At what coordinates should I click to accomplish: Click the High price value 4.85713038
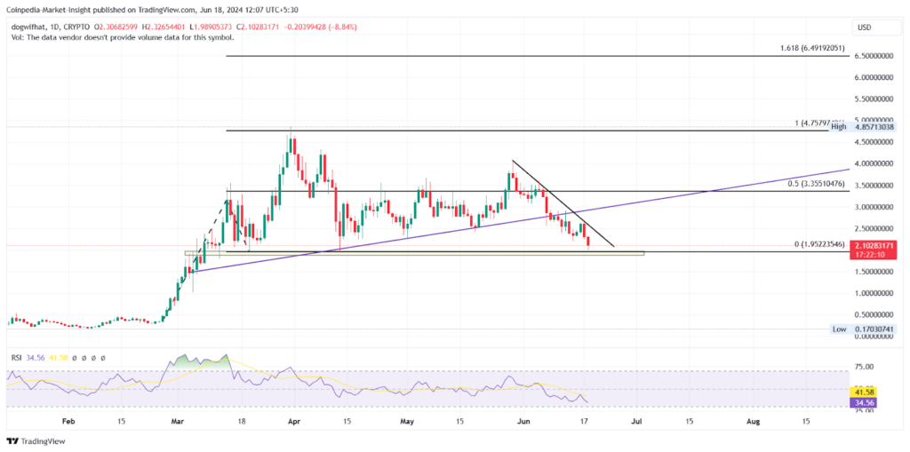pos(874,127)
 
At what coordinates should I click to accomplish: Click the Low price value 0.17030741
pos(874,329)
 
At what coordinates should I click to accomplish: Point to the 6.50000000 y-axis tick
pos(874,56)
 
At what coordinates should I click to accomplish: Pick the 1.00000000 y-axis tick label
pos(874,293)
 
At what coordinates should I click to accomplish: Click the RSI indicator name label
pos(16,357)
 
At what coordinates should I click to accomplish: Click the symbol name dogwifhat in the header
pos(28,27)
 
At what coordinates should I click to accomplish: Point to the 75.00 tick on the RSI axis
pos(864,366)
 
